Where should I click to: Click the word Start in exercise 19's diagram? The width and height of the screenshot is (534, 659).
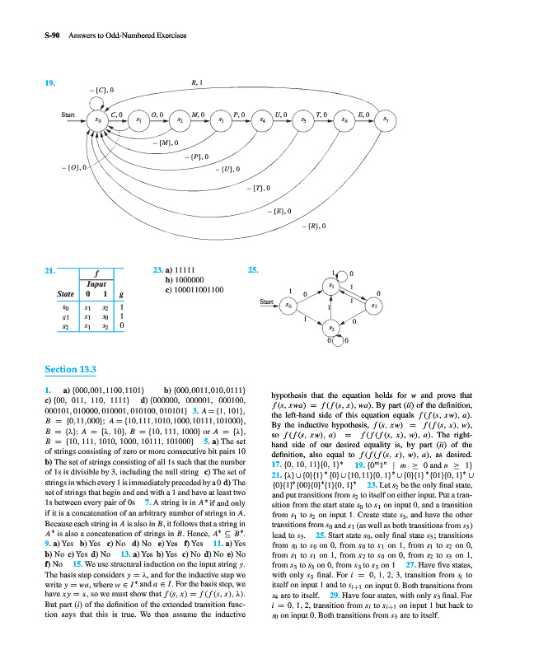tap(68, 115)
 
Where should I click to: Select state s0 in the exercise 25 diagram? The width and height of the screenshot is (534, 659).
tap(288, 306)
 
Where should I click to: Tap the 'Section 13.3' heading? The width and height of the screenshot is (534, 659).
tap(73, 369)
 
